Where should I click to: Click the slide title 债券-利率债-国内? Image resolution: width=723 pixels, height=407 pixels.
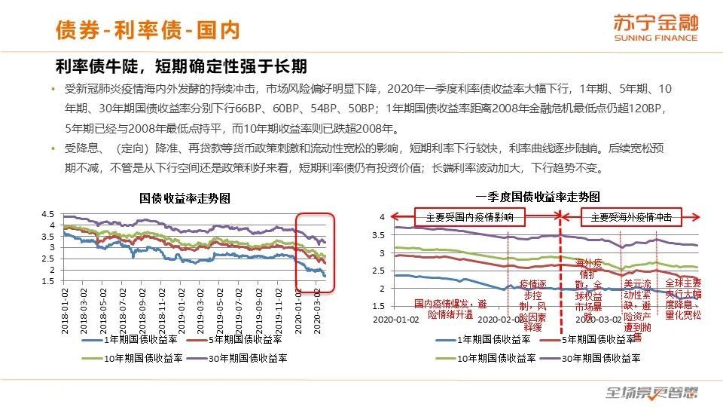[148, 29]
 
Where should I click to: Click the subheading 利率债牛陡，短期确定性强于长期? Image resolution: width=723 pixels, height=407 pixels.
[182, 66]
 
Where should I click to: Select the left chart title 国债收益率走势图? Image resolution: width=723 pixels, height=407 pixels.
[185, 198]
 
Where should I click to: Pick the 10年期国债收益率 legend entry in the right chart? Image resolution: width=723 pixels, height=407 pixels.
[490, 357]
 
